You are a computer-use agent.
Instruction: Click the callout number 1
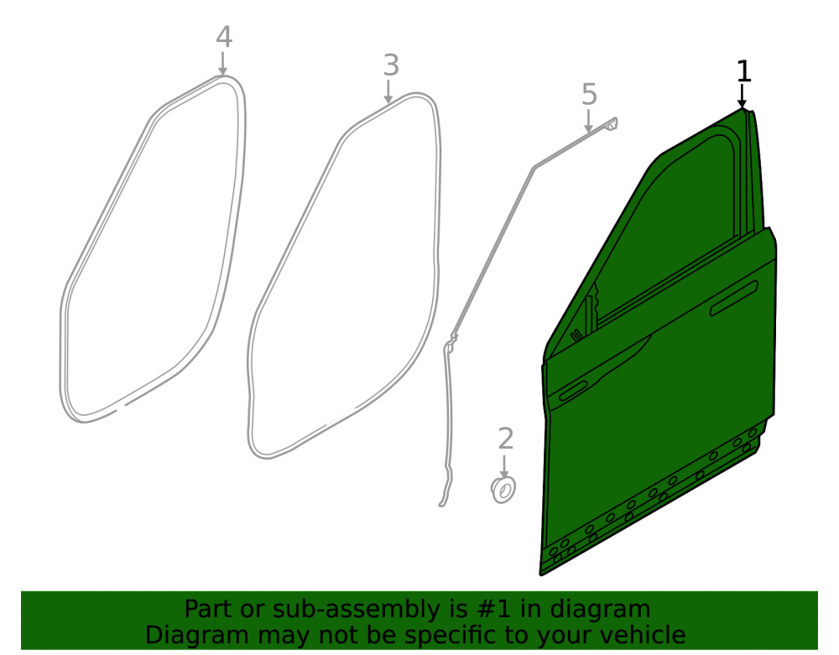tap(743, 71)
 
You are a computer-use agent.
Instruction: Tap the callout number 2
tap(506, 439)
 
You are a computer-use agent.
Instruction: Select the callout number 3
tap(391, 65)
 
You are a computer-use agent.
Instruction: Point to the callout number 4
tap(224, 38)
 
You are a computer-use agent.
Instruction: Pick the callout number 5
tap(589, 95)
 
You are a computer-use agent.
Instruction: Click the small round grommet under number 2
tap(503, 490)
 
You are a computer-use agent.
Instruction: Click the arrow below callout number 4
tap(223, 63)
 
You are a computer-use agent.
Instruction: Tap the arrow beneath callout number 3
tap(388, 91)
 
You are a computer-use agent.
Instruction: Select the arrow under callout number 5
tap(588, 121)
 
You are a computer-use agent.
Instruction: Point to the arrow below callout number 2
tap(504, 466)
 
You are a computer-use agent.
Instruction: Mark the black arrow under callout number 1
tap(742, 96)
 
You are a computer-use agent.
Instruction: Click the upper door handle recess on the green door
tap(733, 299)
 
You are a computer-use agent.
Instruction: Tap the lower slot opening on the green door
tap(572, 391)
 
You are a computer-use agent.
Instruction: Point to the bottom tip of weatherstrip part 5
tap(441, 504)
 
